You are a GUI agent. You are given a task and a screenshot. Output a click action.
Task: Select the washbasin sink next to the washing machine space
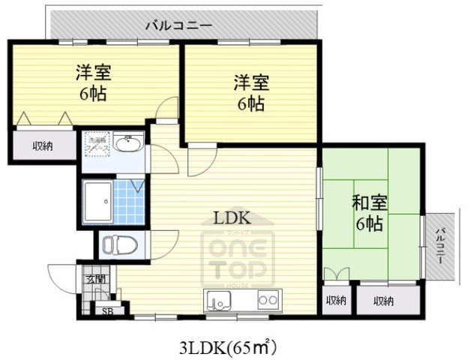click(131, 144)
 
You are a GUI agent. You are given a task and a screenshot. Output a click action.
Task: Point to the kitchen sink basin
click(221, 301)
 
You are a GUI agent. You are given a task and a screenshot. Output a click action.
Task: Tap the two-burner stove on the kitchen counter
click(268, 300)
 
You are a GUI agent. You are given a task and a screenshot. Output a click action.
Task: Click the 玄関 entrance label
click(95, 279)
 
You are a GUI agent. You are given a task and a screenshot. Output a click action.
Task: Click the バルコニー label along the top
click(179, 25)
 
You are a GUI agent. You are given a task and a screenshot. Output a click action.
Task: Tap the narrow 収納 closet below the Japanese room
click(335, 301)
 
